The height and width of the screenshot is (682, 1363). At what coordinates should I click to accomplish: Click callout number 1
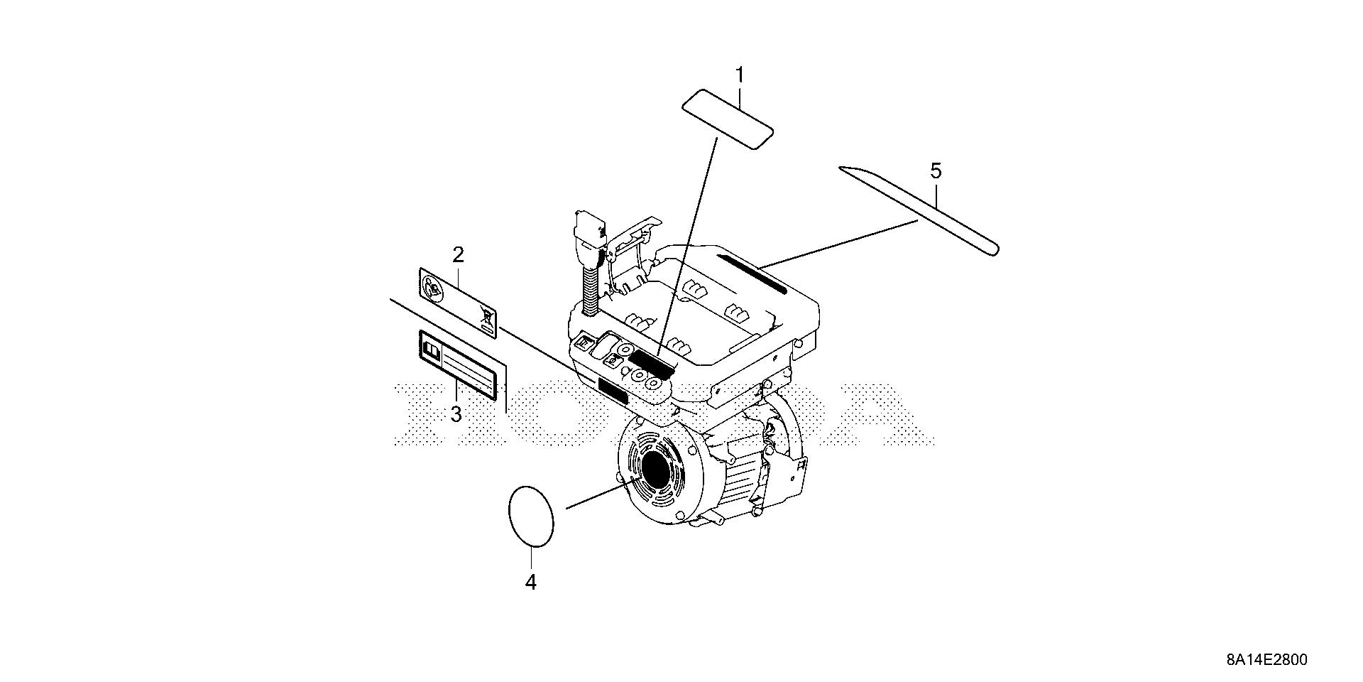tap(740, 75)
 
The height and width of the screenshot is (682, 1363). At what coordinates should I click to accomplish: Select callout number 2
tap(459, 254)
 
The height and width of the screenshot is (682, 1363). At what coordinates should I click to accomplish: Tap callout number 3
tap(456, 413)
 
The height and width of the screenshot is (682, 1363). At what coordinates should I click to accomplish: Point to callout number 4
tap(530, 583)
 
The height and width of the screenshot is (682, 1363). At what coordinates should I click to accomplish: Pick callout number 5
tap(936, 170)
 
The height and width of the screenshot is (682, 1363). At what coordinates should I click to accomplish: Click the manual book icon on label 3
tap(432, 350)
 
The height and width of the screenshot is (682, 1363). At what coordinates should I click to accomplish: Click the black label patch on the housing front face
tap(613, 391)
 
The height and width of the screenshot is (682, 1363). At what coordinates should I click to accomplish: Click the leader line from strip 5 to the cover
tap(838, 244)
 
